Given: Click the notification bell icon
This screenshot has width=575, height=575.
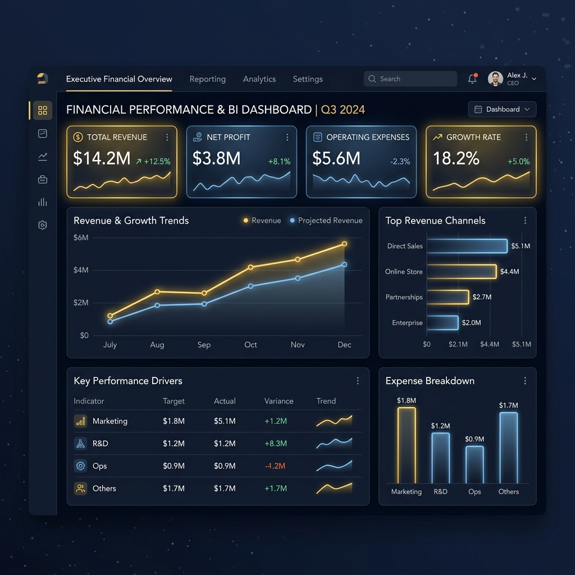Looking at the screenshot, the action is (472, 79).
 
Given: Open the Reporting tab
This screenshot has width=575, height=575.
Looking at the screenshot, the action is (208, 79).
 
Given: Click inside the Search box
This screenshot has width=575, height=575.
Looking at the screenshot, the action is (410, 79).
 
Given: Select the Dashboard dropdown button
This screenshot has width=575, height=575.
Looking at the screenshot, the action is (502, 109).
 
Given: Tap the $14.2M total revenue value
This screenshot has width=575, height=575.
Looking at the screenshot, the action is (102, 158).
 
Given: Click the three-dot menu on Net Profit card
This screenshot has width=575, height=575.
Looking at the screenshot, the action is (287, 137).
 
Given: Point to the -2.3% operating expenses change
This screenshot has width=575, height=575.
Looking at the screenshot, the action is (400, 161).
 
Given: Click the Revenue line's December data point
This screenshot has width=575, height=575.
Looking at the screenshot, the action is (344, 244).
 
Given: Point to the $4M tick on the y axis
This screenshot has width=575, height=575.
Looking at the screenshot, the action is (81, 270).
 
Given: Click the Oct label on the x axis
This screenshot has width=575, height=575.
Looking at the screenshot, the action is (250, 345).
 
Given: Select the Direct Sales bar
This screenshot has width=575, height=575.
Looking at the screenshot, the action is (467, 246).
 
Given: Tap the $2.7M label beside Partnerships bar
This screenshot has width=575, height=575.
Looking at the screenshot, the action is (482, 297).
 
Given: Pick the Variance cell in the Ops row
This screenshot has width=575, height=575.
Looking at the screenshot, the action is (275, 466).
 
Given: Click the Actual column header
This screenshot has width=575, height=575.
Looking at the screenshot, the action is (225, 401).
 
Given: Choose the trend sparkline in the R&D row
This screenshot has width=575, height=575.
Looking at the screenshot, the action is (334, 444).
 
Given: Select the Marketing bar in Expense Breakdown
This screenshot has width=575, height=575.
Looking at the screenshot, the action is (407, 445).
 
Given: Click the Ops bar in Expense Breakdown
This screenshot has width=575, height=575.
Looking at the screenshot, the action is (474, 464).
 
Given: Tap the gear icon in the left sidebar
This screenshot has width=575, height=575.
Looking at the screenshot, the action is (43, 225).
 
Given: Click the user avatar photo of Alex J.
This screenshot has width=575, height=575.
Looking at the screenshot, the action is (495, 79).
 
